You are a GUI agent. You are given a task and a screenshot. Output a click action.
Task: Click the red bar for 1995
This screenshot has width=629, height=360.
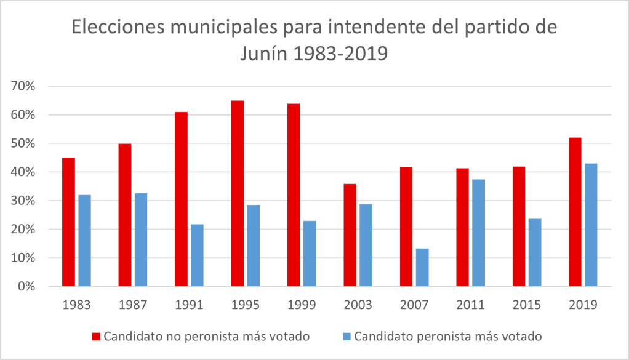pos(237,193)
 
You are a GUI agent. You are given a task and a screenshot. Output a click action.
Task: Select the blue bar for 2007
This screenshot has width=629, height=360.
pos(422,267)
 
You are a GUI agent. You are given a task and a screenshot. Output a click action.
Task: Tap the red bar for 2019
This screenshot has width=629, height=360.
pos(575,212)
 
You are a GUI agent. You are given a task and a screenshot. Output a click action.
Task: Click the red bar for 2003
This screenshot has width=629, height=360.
pos(350,235)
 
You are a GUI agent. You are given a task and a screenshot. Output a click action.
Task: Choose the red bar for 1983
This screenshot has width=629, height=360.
pos(68,222)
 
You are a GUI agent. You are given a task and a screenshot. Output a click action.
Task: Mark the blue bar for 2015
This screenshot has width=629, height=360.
pos(535,252)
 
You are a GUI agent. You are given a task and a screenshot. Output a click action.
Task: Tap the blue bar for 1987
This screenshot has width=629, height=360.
pos(141,239)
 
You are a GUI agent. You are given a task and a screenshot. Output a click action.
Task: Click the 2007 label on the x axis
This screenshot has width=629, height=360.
pos(414,304)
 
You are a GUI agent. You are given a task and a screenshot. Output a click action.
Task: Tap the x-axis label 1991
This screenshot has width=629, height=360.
pos(189,304)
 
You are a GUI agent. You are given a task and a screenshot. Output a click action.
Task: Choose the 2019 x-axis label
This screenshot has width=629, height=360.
pos(583,304)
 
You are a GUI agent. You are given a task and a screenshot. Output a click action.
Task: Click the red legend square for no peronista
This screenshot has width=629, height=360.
pos(96,336)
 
